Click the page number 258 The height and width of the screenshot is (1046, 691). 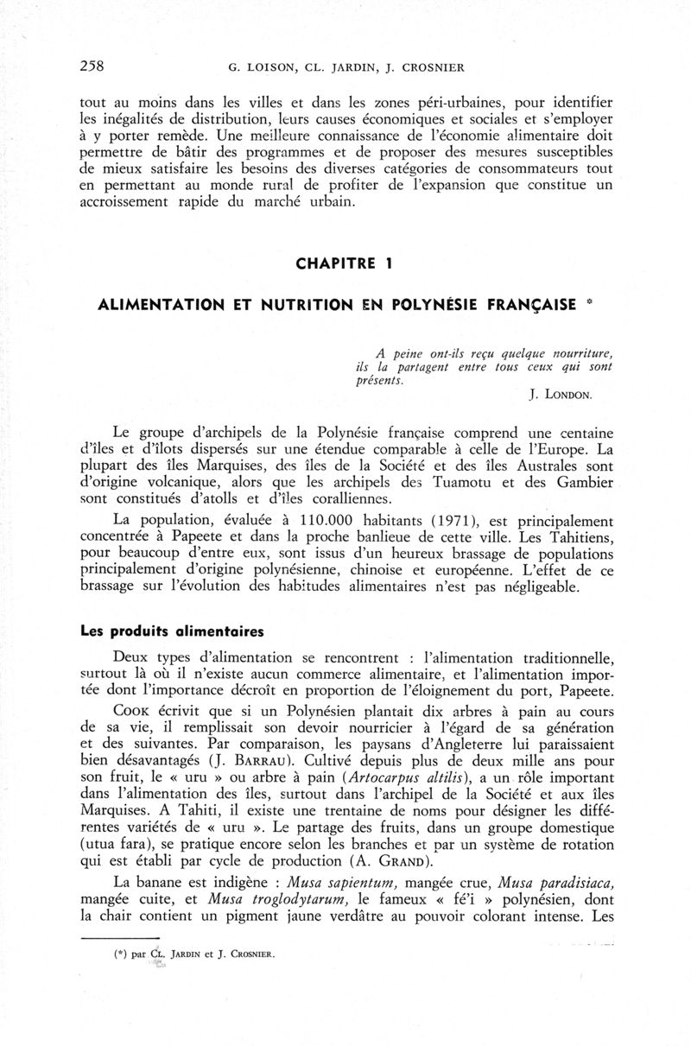(92, 64)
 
